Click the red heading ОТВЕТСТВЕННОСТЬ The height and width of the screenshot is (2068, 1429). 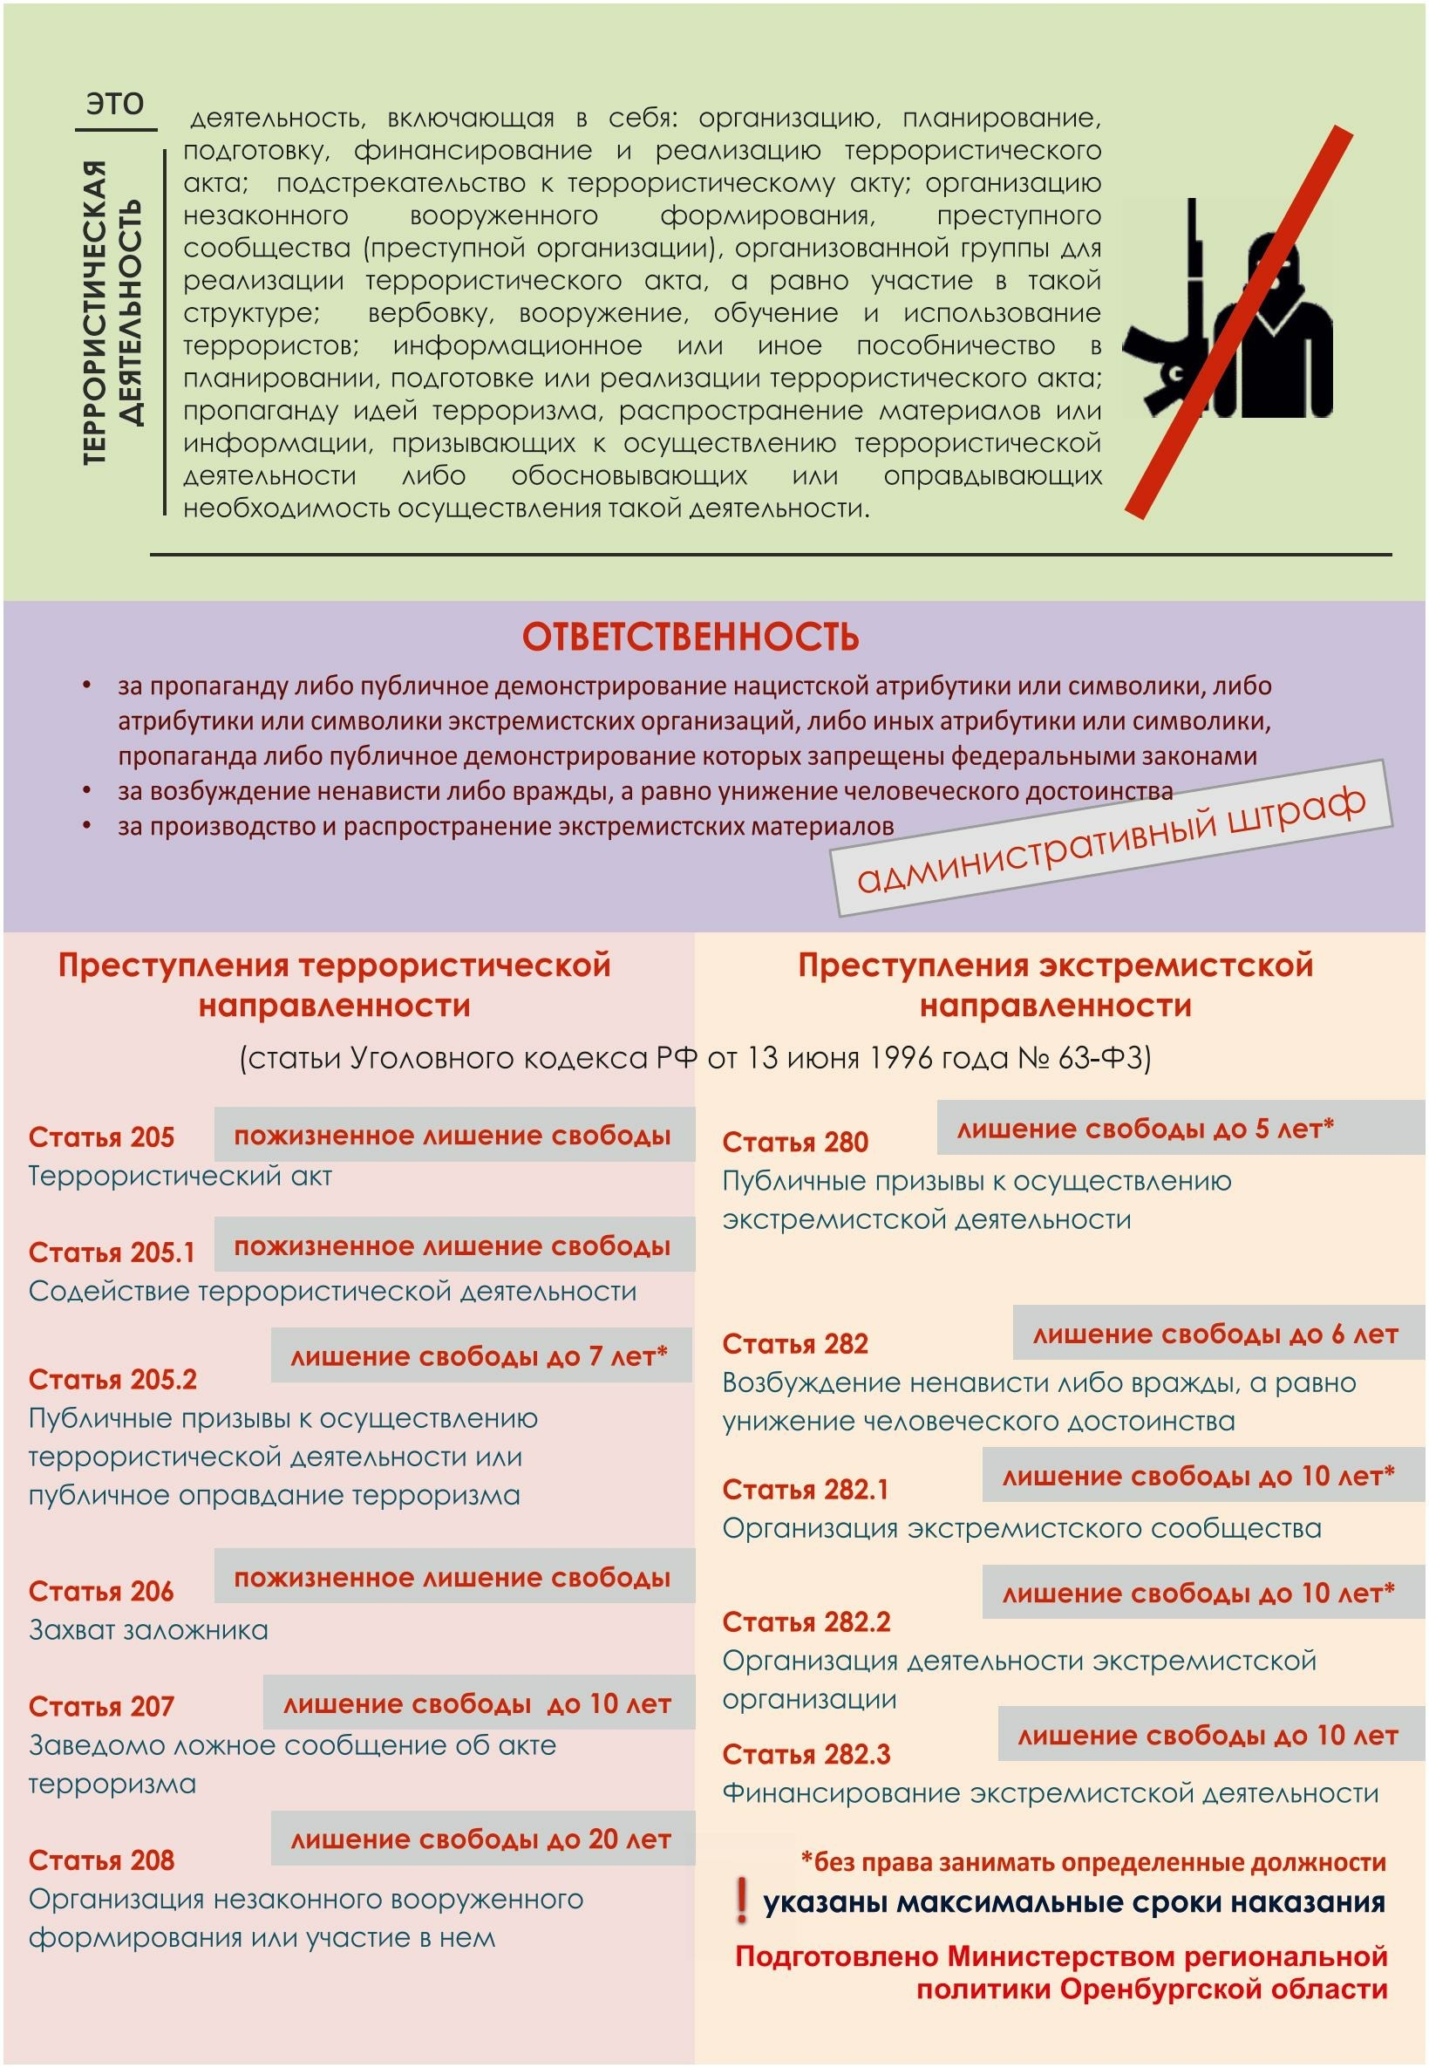(x=691, y=637)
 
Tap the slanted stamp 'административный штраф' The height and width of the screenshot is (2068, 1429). (x=1111, y=839)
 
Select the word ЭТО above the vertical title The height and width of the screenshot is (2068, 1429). (x=115, y=103)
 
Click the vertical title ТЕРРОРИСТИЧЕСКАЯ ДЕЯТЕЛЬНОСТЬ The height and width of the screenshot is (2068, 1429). (x=112, y=312)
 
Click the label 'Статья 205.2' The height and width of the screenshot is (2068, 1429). (x=112, y=1379)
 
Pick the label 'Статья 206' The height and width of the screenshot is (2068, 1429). (x=101, y=1591)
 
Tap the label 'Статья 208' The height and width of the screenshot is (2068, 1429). (x=101, y=1860)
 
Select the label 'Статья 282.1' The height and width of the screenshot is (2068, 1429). (x=806, y=1490)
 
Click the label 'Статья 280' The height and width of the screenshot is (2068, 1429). (x=795, y=1142)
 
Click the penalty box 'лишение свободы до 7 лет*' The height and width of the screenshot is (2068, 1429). (x=480, y=1356)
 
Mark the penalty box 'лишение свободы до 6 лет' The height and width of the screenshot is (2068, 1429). (x=1215, y=1334)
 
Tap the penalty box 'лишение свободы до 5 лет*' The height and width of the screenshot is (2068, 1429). (x=1145, y=1129)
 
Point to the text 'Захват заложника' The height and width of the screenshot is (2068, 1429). (x=148, y=1629)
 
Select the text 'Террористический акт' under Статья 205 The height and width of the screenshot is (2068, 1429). (x=180, y=1176)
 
